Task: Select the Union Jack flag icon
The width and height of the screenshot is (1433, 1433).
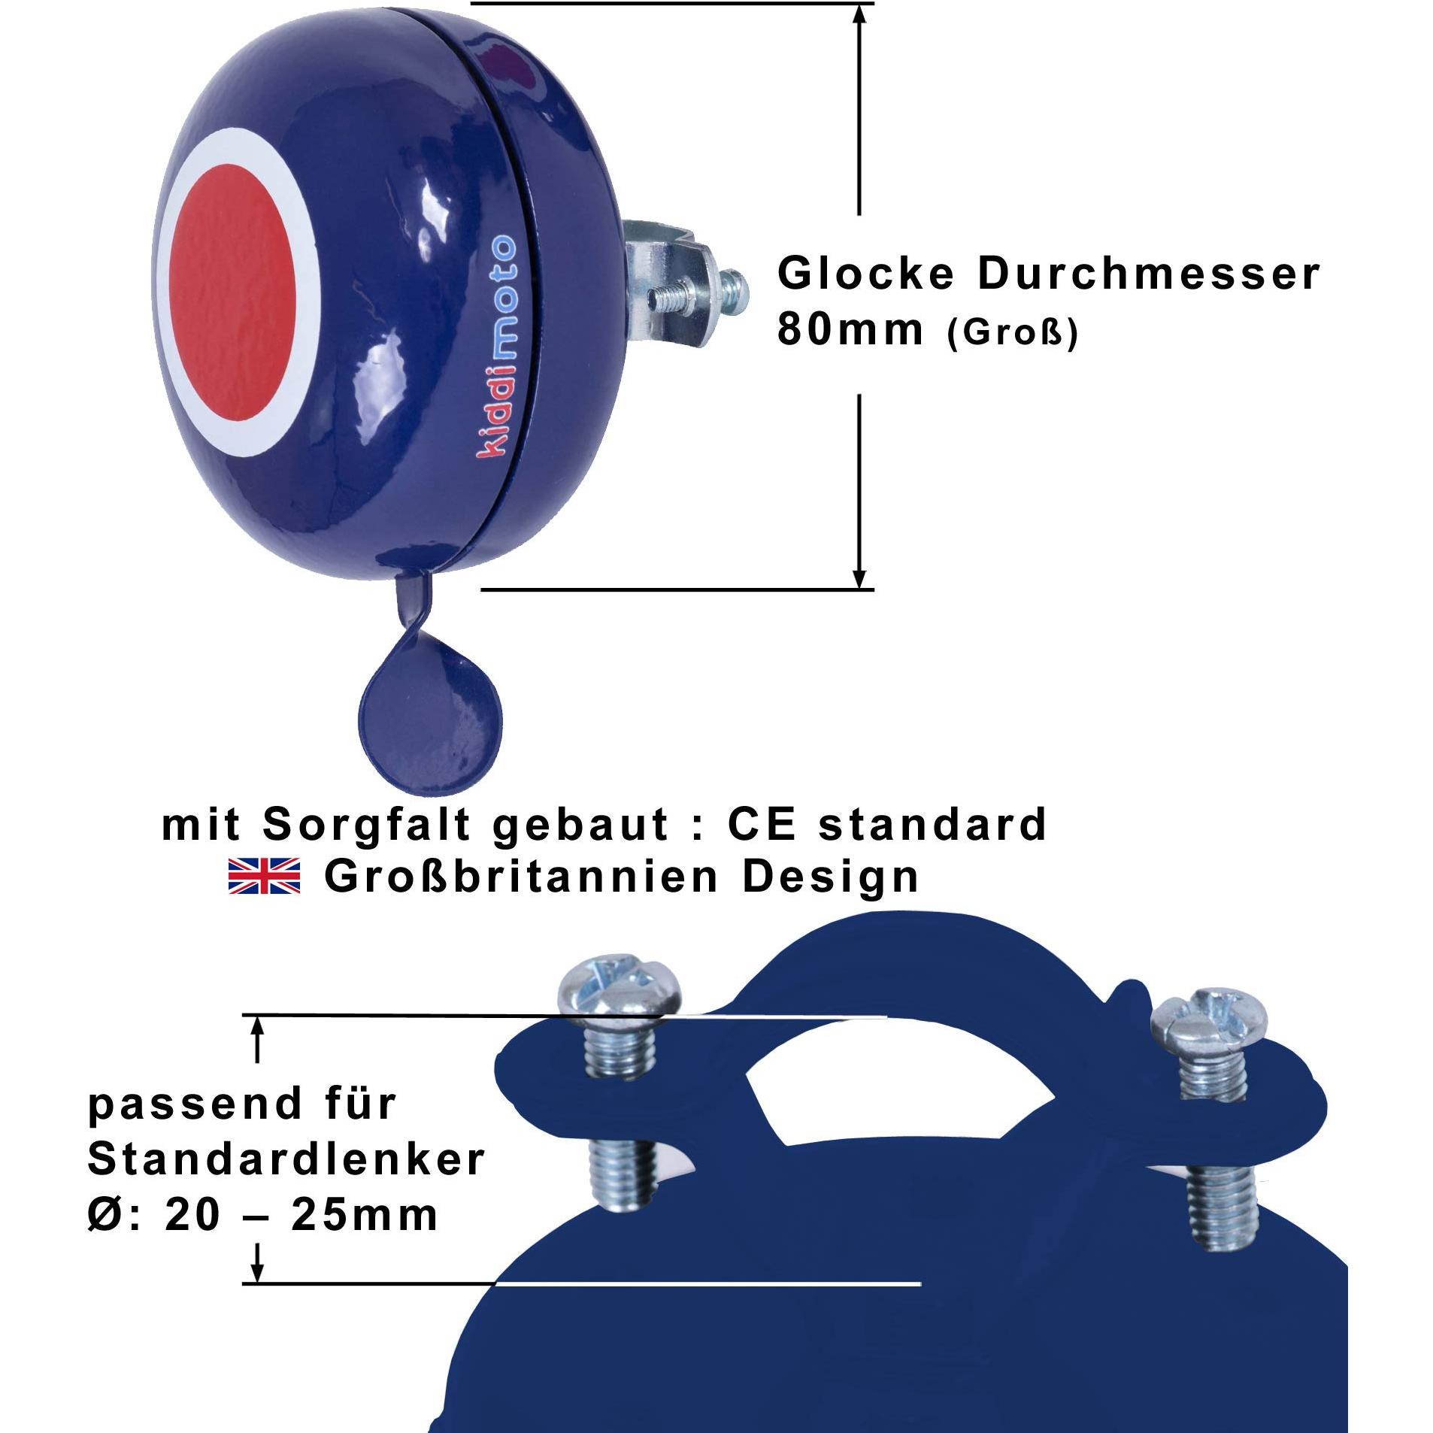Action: pyautogui.click(x=263, y=875)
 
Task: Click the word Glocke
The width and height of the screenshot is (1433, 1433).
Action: pyautogui.click(x=866, y=273)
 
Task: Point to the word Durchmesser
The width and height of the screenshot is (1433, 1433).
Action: pyautogui.click(x=1148, y=273)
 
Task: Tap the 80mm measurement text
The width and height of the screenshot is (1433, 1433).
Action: pyautogui.click(x=850, y=329)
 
